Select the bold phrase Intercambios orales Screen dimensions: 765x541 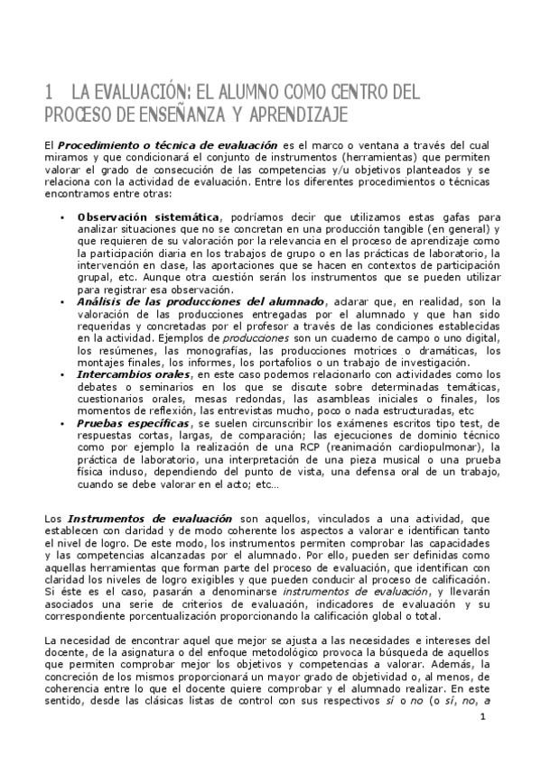[134, 373]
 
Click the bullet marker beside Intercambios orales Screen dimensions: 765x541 [62, 373]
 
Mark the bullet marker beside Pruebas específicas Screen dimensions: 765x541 [62, 423]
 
